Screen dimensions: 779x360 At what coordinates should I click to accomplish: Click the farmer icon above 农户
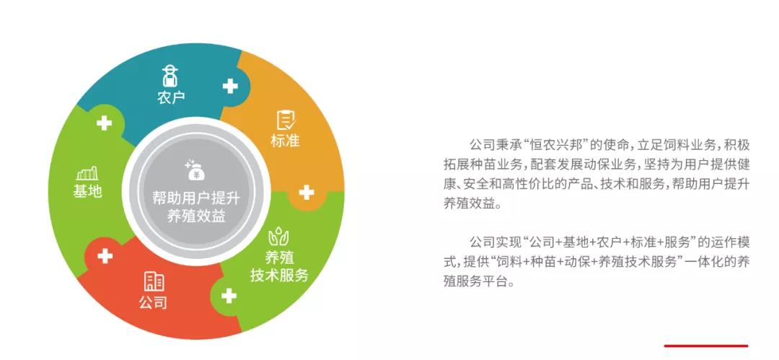(170, 76)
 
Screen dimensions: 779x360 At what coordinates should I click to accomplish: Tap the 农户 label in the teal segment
(171, 97)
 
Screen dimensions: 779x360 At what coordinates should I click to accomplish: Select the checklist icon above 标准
(286, 120)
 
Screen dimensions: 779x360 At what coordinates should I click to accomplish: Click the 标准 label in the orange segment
(285, 141)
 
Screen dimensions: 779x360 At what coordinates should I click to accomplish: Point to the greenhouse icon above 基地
(87, 174)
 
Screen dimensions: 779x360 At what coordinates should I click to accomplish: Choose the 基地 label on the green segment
(87, 191)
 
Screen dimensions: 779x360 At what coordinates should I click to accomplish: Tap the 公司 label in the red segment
(153, 302)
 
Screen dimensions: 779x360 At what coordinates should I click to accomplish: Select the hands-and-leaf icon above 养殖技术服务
(278, 237)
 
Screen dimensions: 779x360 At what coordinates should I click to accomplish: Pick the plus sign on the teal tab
(230, 86)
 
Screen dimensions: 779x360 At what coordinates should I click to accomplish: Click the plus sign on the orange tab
(307, 193)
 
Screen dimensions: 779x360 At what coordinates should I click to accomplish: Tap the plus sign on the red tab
(105, 256)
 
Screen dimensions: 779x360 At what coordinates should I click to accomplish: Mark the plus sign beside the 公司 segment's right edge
(229, 296)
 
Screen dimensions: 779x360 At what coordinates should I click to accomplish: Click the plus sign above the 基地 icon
(104, 123)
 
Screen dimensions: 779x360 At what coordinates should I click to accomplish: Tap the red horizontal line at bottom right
(706, 346)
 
